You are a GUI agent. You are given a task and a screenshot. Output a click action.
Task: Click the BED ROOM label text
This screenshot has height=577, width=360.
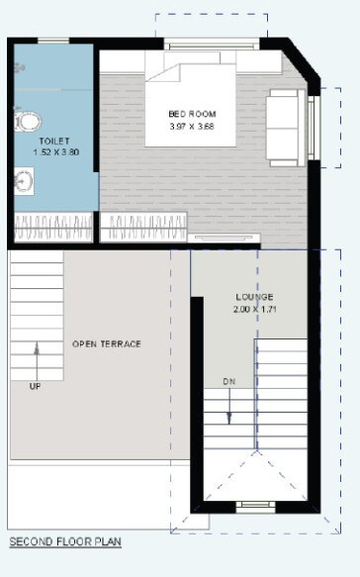tap(192, 114)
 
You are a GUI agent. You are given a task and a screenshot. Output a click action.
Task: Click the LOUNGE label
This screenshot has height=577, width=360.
tap(254, 297)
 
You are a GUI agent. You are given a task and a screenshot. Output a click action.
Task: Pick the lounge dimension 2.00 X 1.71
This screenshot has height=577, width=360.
tap(254, 310)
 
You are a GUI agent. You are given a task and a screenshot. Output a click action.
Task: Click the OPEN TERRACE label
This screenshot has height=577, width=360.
tap(107, 344)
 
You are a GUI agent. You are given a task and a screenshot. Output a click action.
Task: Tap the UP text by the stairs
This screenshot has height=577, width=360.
tap(37, 386)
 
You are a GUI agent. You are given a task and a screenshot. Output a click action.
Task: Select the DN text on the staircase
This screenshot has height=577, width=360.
tap(228, 381)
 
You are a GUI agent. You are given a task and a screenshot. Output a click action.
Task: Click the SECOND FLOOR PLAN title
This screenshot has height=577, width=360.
tap(64, 542)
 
